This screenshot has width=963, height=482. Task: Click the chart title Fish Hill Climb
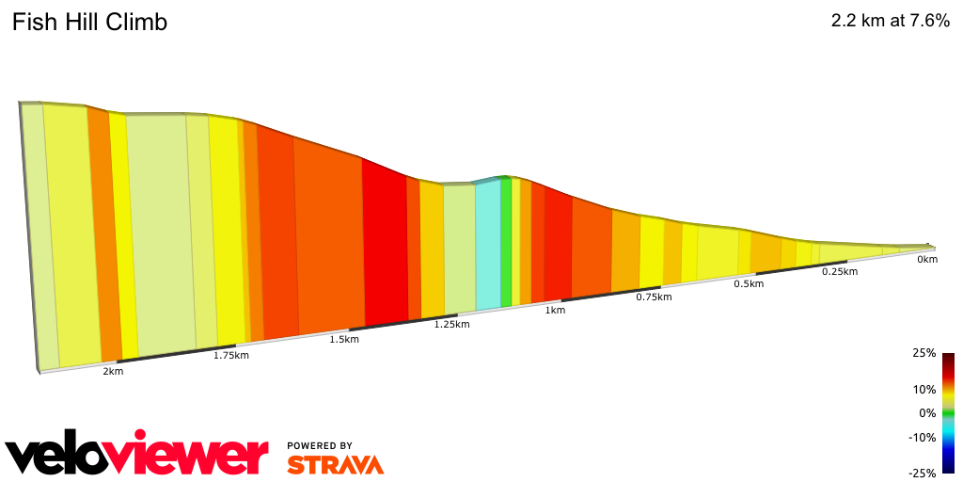click(x=89, y=23)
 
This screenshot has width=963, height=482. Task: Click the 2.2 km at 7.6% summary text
click(x=890, y=22)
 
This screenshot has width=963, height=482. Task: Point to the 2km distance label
click(x=113, y=372)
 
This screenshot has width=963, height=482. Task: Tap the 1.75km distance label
click(x=230, y=355)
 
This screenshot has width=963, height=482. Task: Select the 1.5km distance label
click(x=343, y=339)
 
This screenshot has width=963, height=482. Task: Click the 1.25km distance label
click(x=451, y=324)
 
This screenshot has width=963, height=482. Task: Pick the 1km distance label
click(x=555, y=310)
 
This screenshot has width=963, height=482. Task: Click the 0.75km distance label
click(x=653, y=297)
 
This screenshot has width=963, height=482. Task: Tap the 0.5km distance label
click(x=748, y=284)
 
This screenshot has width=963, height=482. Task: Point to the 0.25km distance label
click(x=839, y=271)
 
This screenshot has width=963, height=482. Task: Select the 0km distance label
click(x=927, y=259)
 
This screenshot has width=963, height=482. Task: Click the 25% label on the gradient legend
click(x=924, y=353)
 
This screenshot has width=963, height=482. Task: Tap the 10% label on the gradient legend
click(x=924, y=389)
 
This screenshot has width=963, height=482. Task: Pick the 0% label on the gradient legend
click(x=927, y=413)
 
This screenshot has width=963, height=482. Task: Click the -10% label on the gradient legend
click(x=923, y=437)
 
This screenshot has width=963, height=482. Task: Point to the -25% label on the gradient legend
click(x=923, y=473)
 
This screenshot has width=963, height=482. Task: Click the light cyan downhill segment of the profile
click(x=488, y=245)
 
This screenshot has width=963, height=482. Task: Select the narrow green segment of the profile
click(x=506, y=242)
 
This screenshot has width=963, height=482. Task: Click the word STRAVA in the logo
click(x=335, y=464)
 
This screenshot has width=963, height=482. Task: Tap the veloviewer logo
click(x=136, y=456)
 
